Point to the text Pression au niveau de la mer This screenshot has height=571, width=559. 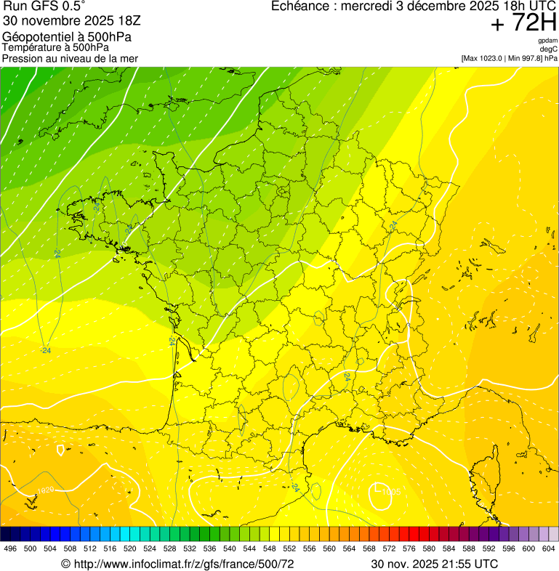tap(70, 58)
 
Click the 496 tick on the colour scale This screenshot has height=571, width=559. tap(10, 548)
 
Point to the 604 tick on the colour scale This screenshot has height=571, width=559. tap(549, 548)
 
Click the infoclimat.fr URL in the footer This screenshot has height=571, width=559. tap(177, 564)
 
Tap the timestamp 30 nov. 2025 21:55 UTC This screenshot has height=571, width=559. tap(435, 564)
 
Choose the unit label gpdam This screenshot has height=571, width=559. tap(547, 41)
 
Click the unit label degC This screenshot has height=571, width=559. tap(549, 49)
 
